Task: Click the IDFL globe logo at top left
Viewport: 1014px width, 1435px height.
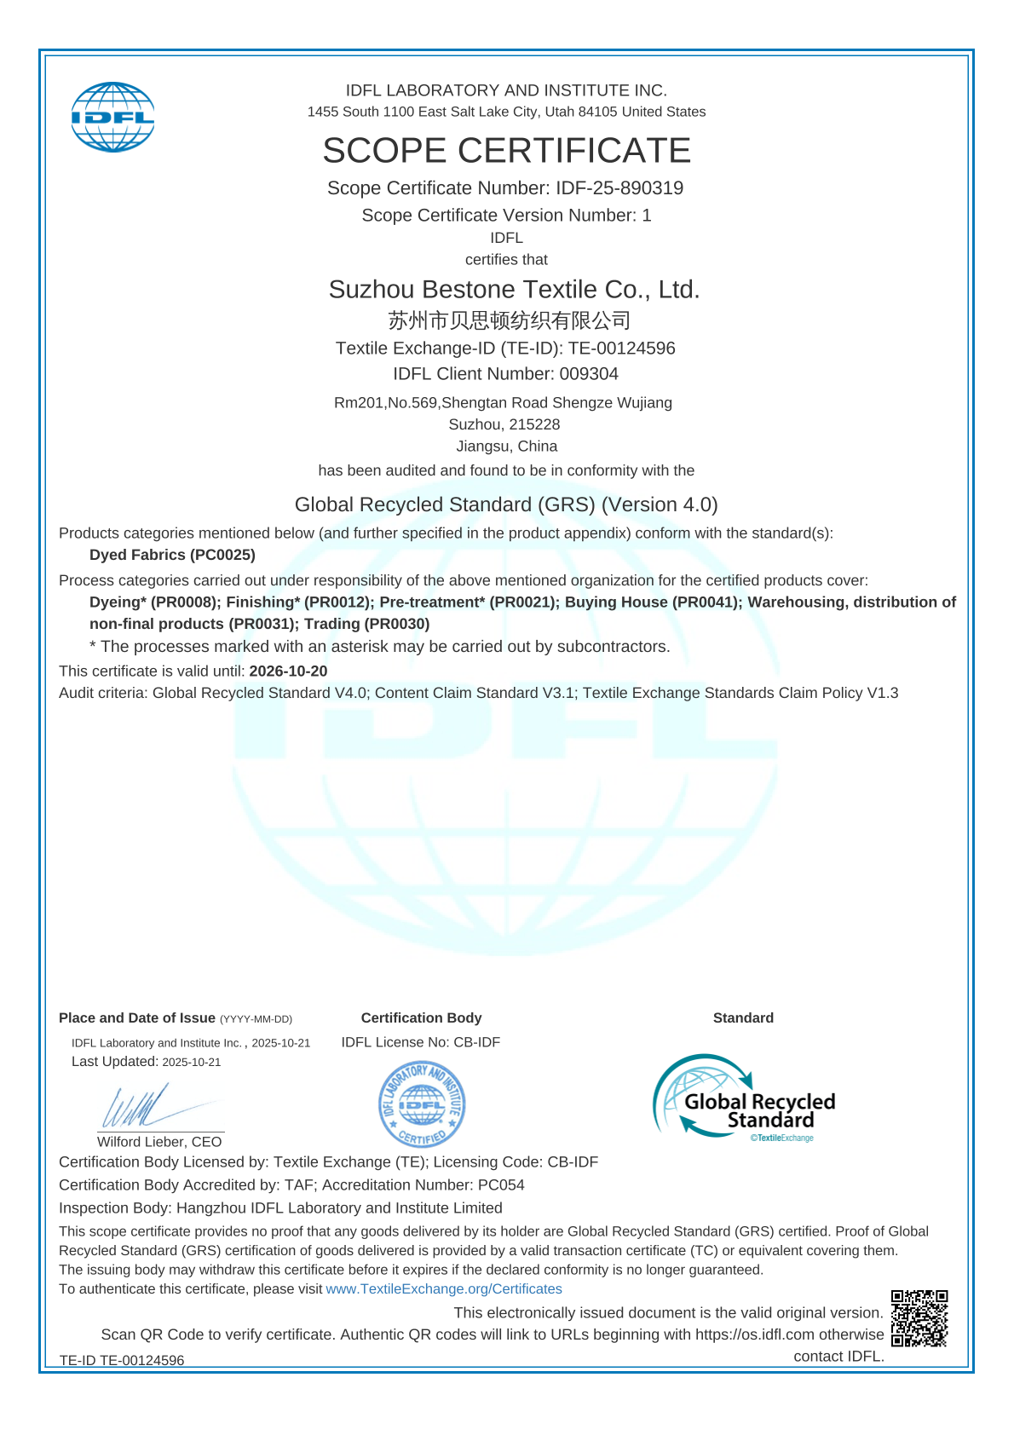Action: click(x=113, y=117)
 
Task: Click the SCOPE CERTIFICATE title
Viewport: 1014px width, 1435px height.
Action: click(x=506, y=151)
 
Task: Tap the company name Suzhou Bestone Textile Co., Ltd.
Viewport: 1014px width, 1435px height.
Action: click(x=514, y=290)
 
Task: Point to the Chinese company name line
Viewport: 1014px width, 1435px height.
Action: click(x=509, y=320)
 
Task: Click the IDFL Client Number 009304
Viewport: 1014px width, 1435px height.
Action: click(x=589, y=374)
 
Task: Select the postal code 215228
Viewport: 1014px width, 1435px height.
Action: click(x=533, y=424)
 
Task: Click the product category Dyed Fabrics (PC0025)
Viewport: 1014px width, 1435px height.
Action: click(x=172, y=555)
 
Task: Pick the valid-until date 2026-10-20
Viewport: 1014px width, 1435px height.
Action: click(x=288, y=671)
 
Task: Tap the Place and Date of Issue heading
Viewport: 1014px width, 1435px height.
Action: click(x=137, y=1018)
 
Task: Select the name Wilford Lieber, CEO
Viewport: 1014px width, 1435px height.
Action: click(x=159, y=1142)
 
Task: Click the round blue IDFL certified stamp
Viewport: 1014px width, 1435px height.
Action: click(x=422, y=1104)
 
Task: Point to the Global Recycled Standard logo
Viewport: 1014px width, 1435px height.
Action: click(x=743, y=1098)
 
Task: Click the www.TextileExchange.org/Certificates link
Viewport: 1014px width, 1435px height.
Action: click(x=444, y=1289)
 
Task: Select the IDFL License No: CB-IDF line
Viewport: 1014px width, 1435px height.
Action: click(x=421, y=1042)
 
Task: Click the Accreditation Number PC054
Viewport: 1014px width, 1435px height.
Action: click(x=501, y=1185)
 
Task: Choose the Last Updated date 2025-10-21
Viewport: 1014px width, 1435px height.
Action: click(x=192, y=1063)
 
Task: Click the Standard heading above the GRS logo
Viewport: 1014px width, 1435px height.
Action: click(x=743, y=1018)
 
